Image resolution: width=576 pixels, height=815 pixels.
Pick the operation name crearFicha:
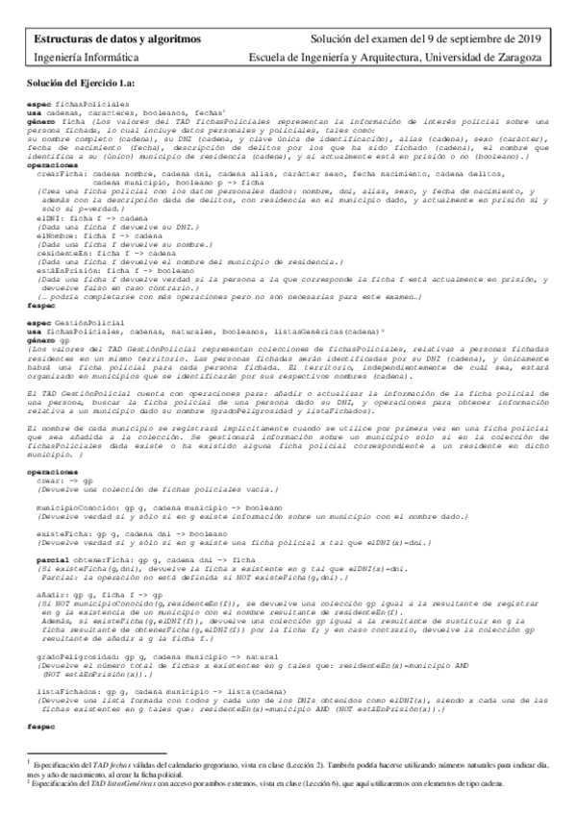(x=58, y=165)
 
